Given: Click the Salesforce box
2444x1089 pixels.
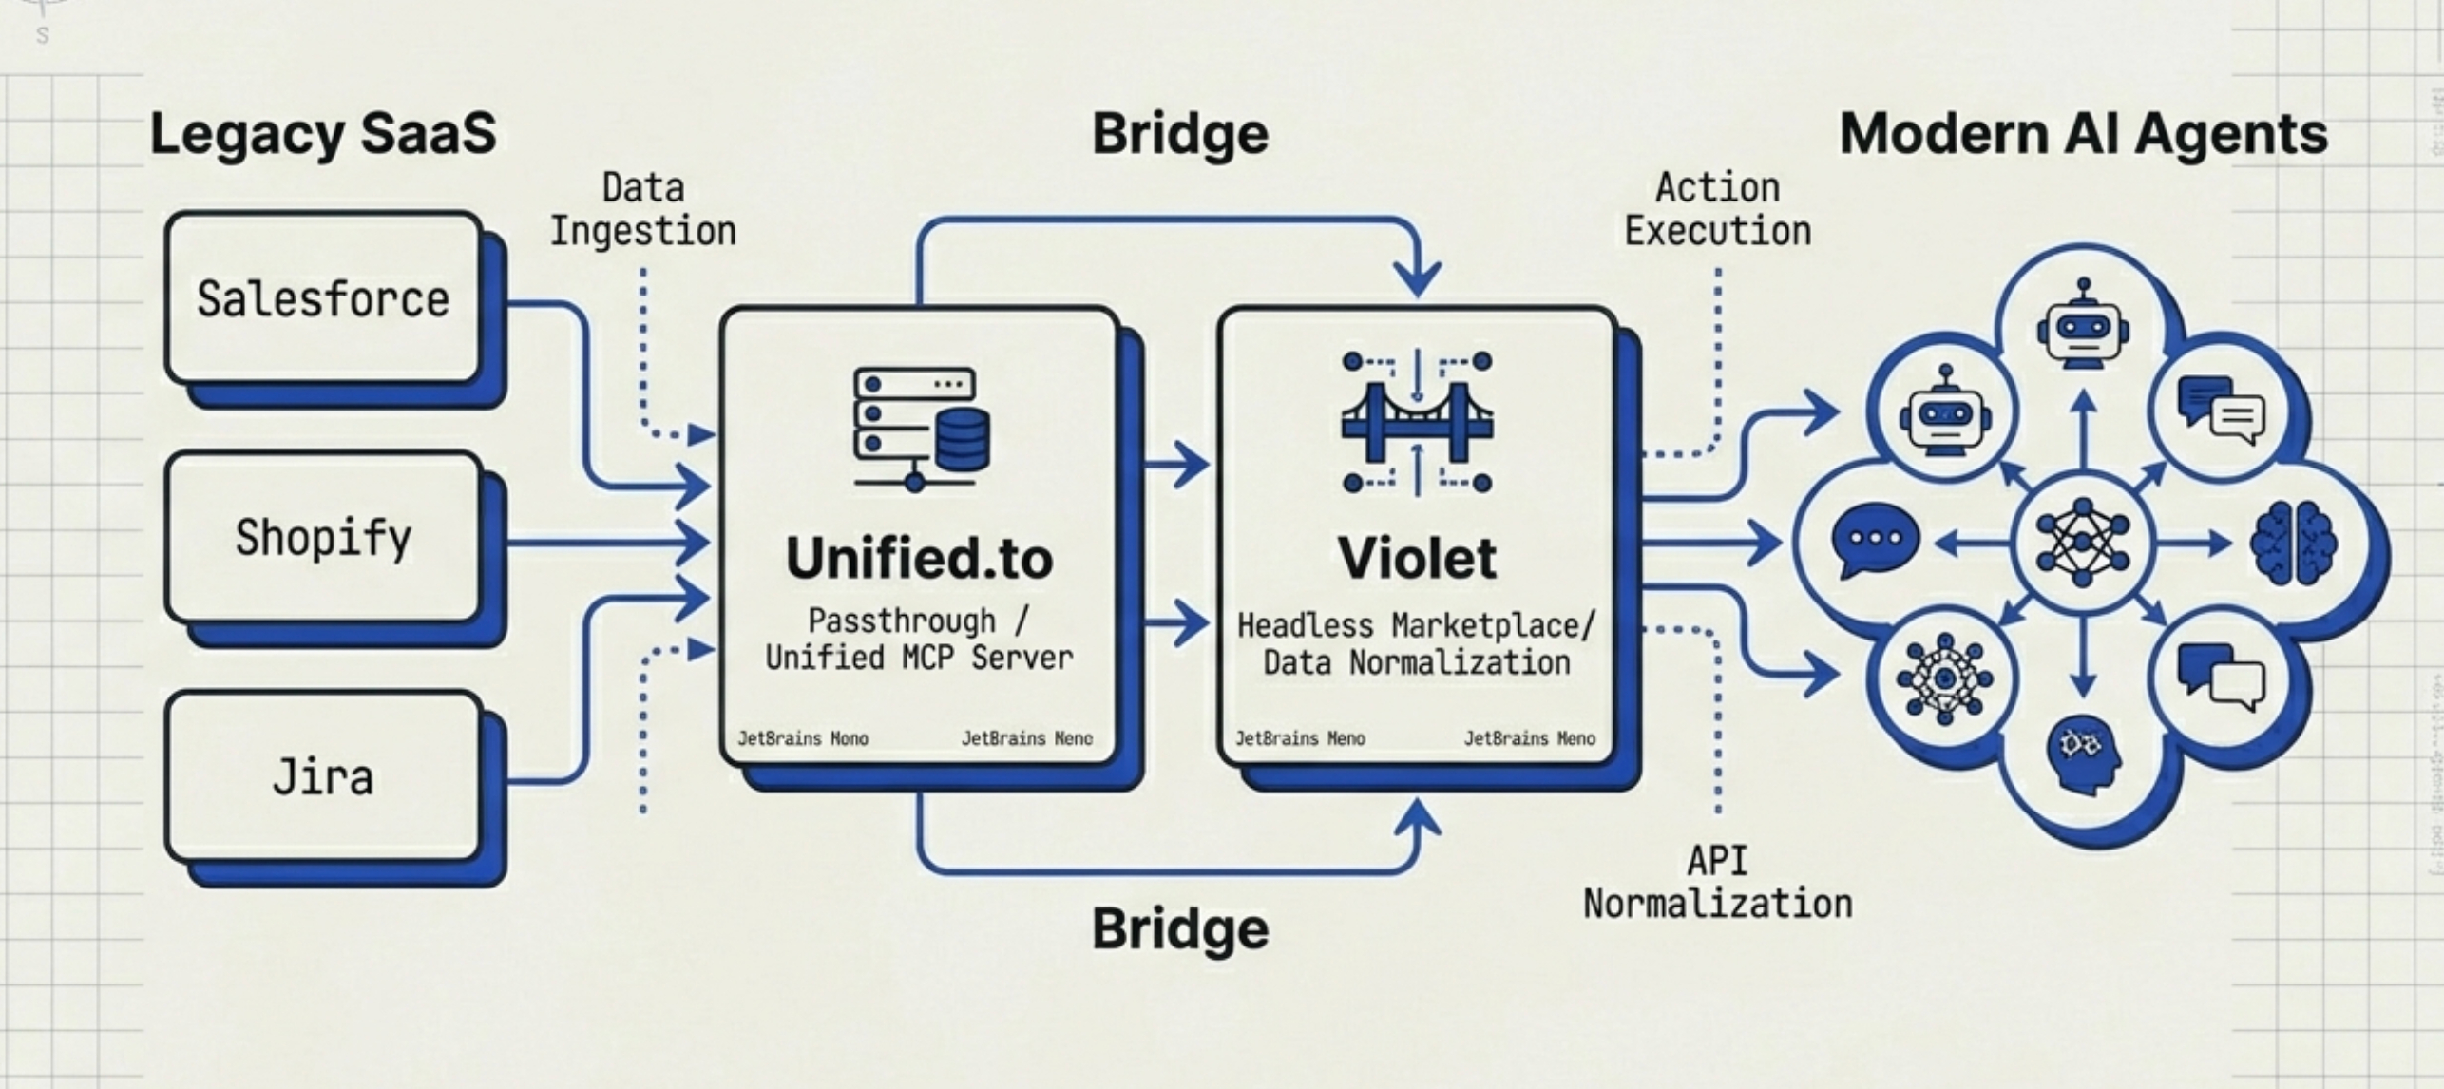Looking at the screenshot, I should [323, 298].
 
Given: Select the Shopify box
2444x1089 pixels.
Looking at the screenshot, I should [323, 538].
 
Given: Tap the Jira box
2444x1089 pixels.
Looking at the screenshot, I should [323, 777].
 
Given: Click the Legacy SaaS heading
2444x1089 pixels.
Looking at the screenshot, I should [323, 133].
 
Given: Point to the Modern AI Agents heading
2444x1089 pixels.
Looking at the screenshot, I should [2083, 133].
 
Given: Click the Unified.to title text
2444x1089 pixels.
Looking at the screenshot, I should [919, 558].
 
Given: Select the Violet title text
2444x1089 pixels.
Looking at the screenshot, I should [1417, 558].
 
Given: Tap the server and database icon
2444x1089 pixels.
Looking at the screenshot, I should [920, 428].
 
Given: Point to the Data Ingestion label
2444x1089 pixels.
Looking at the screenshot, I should [643, 210].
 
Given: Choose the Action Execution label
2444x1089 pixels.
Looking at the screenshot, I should [1717, 210].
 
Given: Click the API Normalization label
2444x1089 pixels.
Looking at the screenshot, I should [1717, 883].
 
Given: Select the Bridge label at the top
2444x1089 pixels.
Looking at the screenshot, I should [1179, 133].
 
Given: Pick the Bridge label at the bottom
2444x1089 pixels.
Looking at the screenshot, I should [1179, 928].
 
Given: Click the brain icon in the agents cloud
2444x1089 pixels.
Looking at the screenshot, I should [2292, 544].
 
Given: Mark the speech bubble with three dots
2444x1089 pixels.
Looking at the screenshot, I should [1874, 540].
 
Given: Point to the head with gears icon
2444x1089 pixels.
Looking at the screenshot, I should [2083, 755].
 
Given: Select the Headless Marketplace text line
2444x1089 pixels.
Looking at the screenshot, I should [1416, 626].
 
